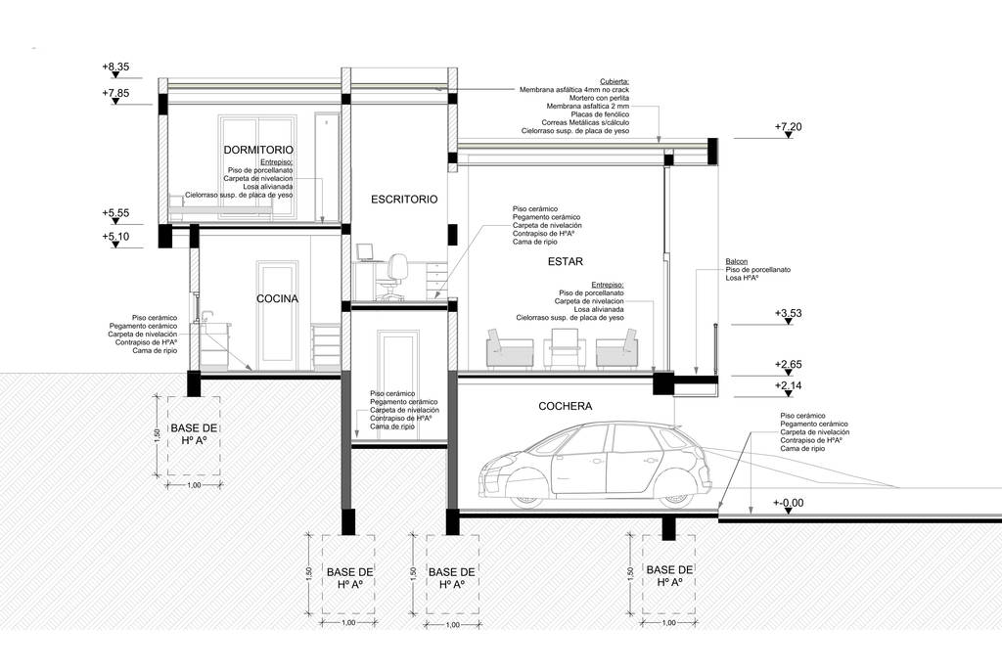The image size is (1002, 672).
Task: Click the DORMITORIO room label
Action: tap(258, 150)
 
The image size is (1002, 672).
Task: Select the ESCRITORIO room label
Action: tap(403, 200)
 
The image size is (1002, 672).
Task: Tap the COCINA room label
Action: tap(277, 299)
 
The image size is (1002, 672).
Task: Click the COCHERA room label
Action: tap(566, 405)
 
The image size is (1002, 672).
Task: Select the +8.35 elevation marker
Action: tap(115, 67)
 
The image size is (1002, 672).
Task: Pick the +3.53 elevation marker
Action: tap(788, 313)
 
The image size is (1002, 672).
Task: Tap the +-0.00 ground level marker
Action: tap(788, 503)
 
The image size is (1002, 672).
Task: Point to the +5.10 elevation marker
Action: tap(115, 237)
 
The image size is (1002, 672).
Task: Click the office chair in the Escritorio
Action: tap(396, 277)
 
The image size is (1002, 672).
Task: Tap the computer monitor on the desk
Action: tap(364, 252)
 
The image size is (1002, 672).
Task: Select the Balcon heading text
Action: tap(737, 261)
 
